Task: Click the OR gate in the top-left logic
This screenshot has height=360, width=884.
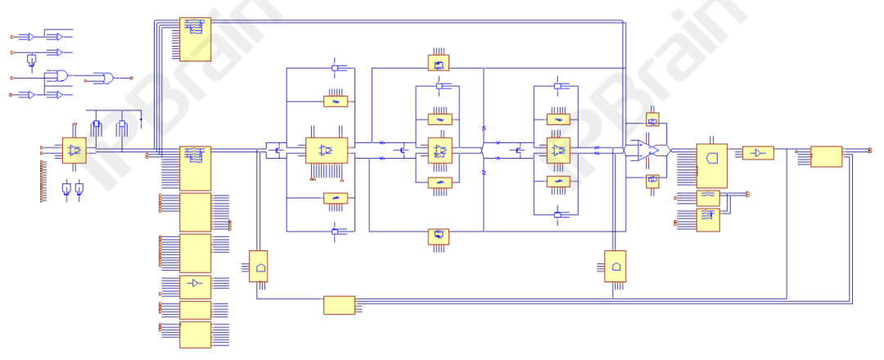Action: (104, 78)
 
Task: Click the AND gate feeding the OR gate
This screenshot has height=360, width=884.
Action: (60, 76)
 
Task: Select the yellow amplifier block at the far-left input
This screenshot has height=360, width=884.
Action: (74, 151)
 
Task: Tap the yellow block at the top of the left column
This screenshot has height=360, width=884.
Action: (195, 39)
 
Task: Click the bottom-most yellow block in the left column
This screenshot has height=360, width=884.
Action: (195, 335)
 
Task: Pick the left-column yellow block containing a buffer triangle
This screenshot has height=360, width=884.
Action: (195, 284)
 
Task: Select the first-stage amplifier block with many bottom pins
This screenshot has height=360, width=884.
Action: (327, 151)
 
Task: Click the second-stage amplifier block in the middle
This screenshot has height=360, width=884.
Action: (440, 151)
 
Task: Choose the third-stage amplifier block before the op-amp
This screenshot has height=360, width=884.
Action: (558, 151)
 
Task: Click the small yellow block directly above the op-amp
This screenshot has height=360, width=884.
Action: (652, 120)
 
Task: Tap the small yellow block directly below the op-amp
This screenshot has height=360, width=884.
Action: (652, 181)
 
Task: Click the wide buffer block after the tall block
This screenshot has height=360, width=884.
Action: (758, 153)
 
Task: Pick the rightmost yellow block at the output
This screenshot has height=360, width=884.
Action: (826, 156)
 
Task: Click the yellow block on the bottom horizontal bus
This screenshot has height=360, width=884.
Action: (339, 305)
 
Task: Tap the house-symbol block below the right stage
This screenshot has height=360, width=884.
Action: (616, 267)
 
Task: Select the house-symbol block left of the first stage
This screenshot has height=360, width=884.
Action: (259, 267)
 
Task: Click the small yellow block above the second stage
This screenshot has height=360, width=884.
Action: (440, 62)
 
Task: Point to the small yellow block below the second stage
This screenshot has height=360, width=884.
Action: (440, 237)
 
